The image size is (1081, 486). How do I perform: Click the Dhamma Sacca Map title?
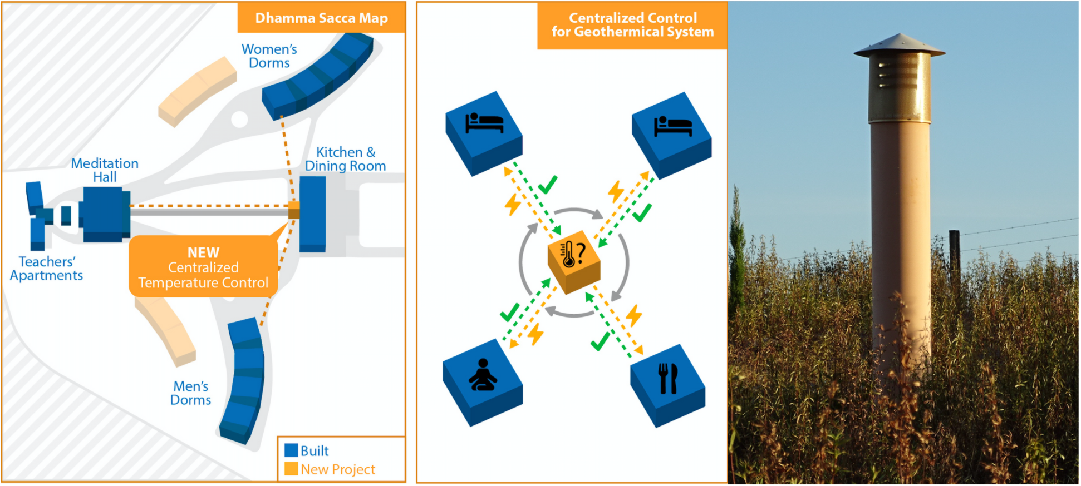(321, 18)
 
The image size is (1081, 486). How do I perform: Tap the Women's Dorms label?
(269, 56)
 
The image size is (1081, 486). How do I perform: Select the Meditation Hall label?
(105, 170)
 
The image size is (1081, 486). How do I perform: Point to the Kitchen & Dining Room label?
(346, 159)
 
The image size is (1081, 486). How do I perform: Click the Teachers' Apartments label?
(46, 269)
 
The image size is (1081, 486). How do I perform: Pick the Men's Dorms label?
(191, 393)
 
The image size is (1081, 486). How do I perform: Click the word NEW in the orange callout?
(203, 252)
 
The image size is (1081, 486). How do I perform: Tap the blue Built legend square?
(291, 450)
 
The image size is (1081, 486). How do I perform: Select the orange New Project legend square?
(291, 469)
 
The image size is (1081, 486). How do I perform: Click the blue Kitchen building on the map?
(313, 214)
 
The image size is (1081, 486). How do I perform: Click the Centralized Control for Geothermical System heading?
(633, 25)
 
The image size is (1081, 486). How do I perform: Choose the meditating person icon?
(483, 375)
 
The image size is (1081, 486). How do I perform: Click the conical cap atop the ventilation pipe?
(899, 46)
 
